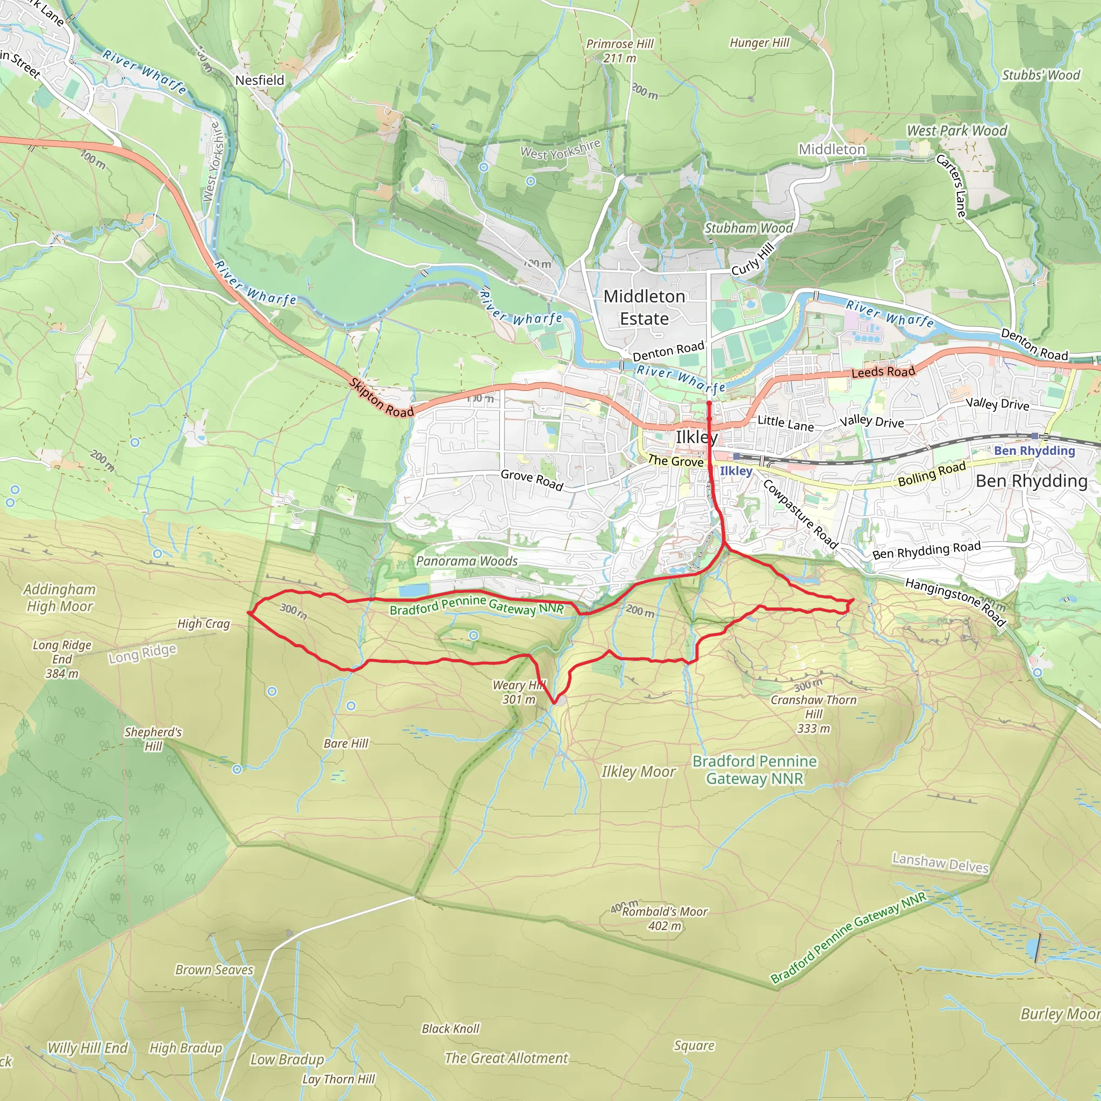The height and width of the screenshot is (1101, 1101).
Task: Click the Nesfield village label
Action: (x=259, y=80)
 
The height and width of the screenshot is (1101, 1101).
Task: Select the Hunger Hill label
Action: (x=759, y=43)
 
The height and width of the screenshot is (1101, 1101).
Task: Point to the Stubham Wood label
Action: (x=748, y=228)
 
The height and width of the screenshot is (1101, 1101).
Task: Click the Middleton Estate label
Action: (x=644, y=307)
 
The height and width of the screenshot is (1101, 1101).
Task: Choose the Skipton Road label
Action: (x=381, y=398)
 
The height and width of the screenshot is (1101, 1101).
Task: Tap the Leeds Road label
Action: (x=883, y=372)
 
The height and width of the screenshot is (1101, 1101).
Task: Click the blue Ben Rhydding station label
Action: (x=1034, y=450)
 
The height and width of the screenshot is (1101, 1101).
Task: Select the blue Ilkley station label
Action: (x=736, y=471)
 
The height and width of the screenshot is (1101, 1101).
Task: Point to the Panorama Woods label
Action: (x=467, y=561)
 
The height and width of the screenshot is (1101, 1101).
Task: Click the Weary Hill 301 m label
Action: (x=519, y=692)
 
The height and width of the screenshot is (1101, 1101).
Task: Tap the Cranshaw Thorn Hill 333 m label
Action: (x=813, y=713)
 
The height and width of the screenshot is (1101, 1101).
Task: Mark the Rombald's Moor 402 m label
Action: (x=664, y=919)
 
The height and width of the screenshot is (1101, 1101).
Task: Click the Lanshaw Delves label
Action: (x=940, y=863)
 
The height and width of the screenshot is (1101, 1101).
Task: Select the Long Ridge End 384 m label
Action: (x=62, y=659)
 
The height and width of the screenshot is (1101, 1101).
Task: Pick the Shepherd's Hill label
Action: (x=153, y=739)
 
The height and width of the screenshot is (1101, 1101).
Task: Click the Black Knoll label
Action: (x=450, y=1028)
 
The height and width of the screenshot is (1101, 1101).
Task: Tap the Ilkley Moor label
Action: (x=638, y=771)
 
